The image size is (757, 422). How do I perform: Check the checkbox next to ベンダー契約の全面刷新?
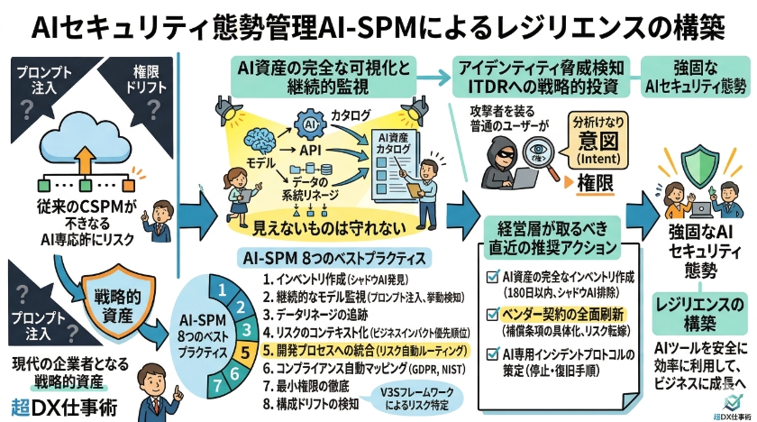tap(491, 314)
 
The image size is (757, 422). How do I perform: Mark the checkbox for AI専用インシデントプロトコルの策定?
tap(491, 354)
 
